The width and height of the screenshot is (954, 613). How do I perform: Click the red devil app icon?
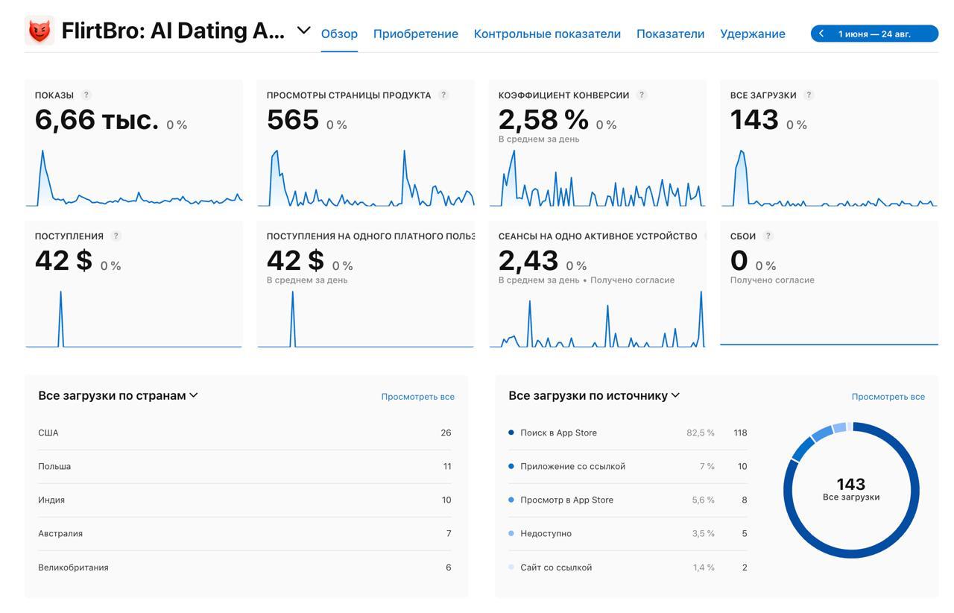(x=40, y=31)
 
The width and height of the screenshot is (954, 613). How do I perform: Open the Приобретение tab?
(x=415, y=34)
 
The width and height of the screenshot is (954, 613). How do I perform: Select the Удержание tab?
(x=752, y=34)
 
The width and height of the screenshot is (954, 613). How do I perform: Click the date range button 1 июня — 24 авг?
(x=874, y=34)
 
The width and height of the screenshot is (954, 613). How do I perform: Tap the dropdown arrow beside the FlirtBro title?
(x=303, y=31)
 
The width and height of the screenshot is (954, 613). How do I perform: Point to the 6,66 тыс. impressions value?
(x=97, y=119)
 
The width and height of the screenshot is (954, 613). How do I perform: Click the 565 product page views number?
(x=293, y=119)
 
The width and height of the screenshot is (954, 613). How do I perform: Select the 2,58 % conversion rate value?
(x=543, y=119)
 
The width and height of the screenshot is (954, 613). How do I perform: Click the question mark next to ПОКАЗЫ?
(x=86, y=95)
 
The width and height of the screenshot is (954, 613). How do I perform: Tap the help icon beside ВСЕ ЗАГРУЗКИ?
(x=809, y=95)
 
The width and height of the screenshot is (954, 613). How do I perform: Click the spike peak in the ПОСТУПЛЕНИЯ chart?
(x=60, y=292)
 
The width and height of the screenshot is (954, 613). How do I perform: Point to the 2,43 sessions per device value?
(x=528, y=260)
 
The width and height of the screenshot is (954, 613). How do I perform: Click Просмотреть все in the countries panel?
(x=417, y=397)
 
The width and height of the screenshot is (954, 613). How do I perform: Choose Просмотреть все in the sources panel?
(x=888, y=397)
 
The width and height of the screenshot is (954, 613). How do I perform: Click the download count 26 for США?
(x=446, y=433)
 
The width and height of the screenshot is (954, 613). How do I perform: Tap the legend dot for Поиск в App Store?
(x=511, y=433)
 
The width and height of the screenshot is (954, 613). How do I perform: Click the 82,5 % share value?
(x=700, y=433)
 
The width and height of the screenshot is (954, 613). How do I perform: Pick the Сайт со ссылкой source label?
(x=556, y=568)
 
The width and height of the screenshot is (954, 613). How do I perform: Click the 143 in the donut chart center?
(x=850, y=484)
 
